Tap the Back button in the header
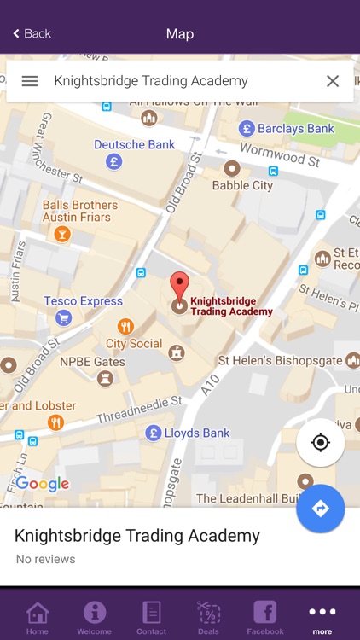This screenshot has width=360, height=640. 32,34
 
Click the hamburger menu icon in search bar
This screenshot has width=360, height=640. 30,81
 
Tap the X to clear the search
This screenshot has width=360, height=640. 333,81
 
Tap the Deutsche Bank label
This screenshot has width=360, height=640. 134,145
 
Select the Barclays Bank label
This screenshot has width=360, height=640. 296,129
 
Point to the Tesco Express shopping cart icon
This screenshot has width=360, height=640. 63,318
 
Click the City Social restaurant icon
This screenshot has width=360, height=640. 126,326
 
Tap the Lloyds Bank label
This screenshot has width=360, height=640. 196,433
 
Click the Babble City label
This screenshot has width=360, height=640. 242,185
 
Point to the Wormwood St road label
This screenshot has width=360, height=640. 278,154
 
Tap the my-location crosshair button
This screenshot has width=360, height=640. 321,442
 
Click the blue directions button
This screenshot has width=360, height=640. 321,509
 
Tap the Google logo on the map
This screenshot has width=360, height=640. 42,484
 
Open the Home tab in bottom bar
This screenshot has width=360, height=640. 37,617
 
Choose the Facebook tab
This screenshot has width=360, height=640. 265,617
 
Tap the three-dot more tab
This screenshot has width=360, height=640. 322,617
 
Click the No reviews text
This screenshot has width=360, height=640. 45,560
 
